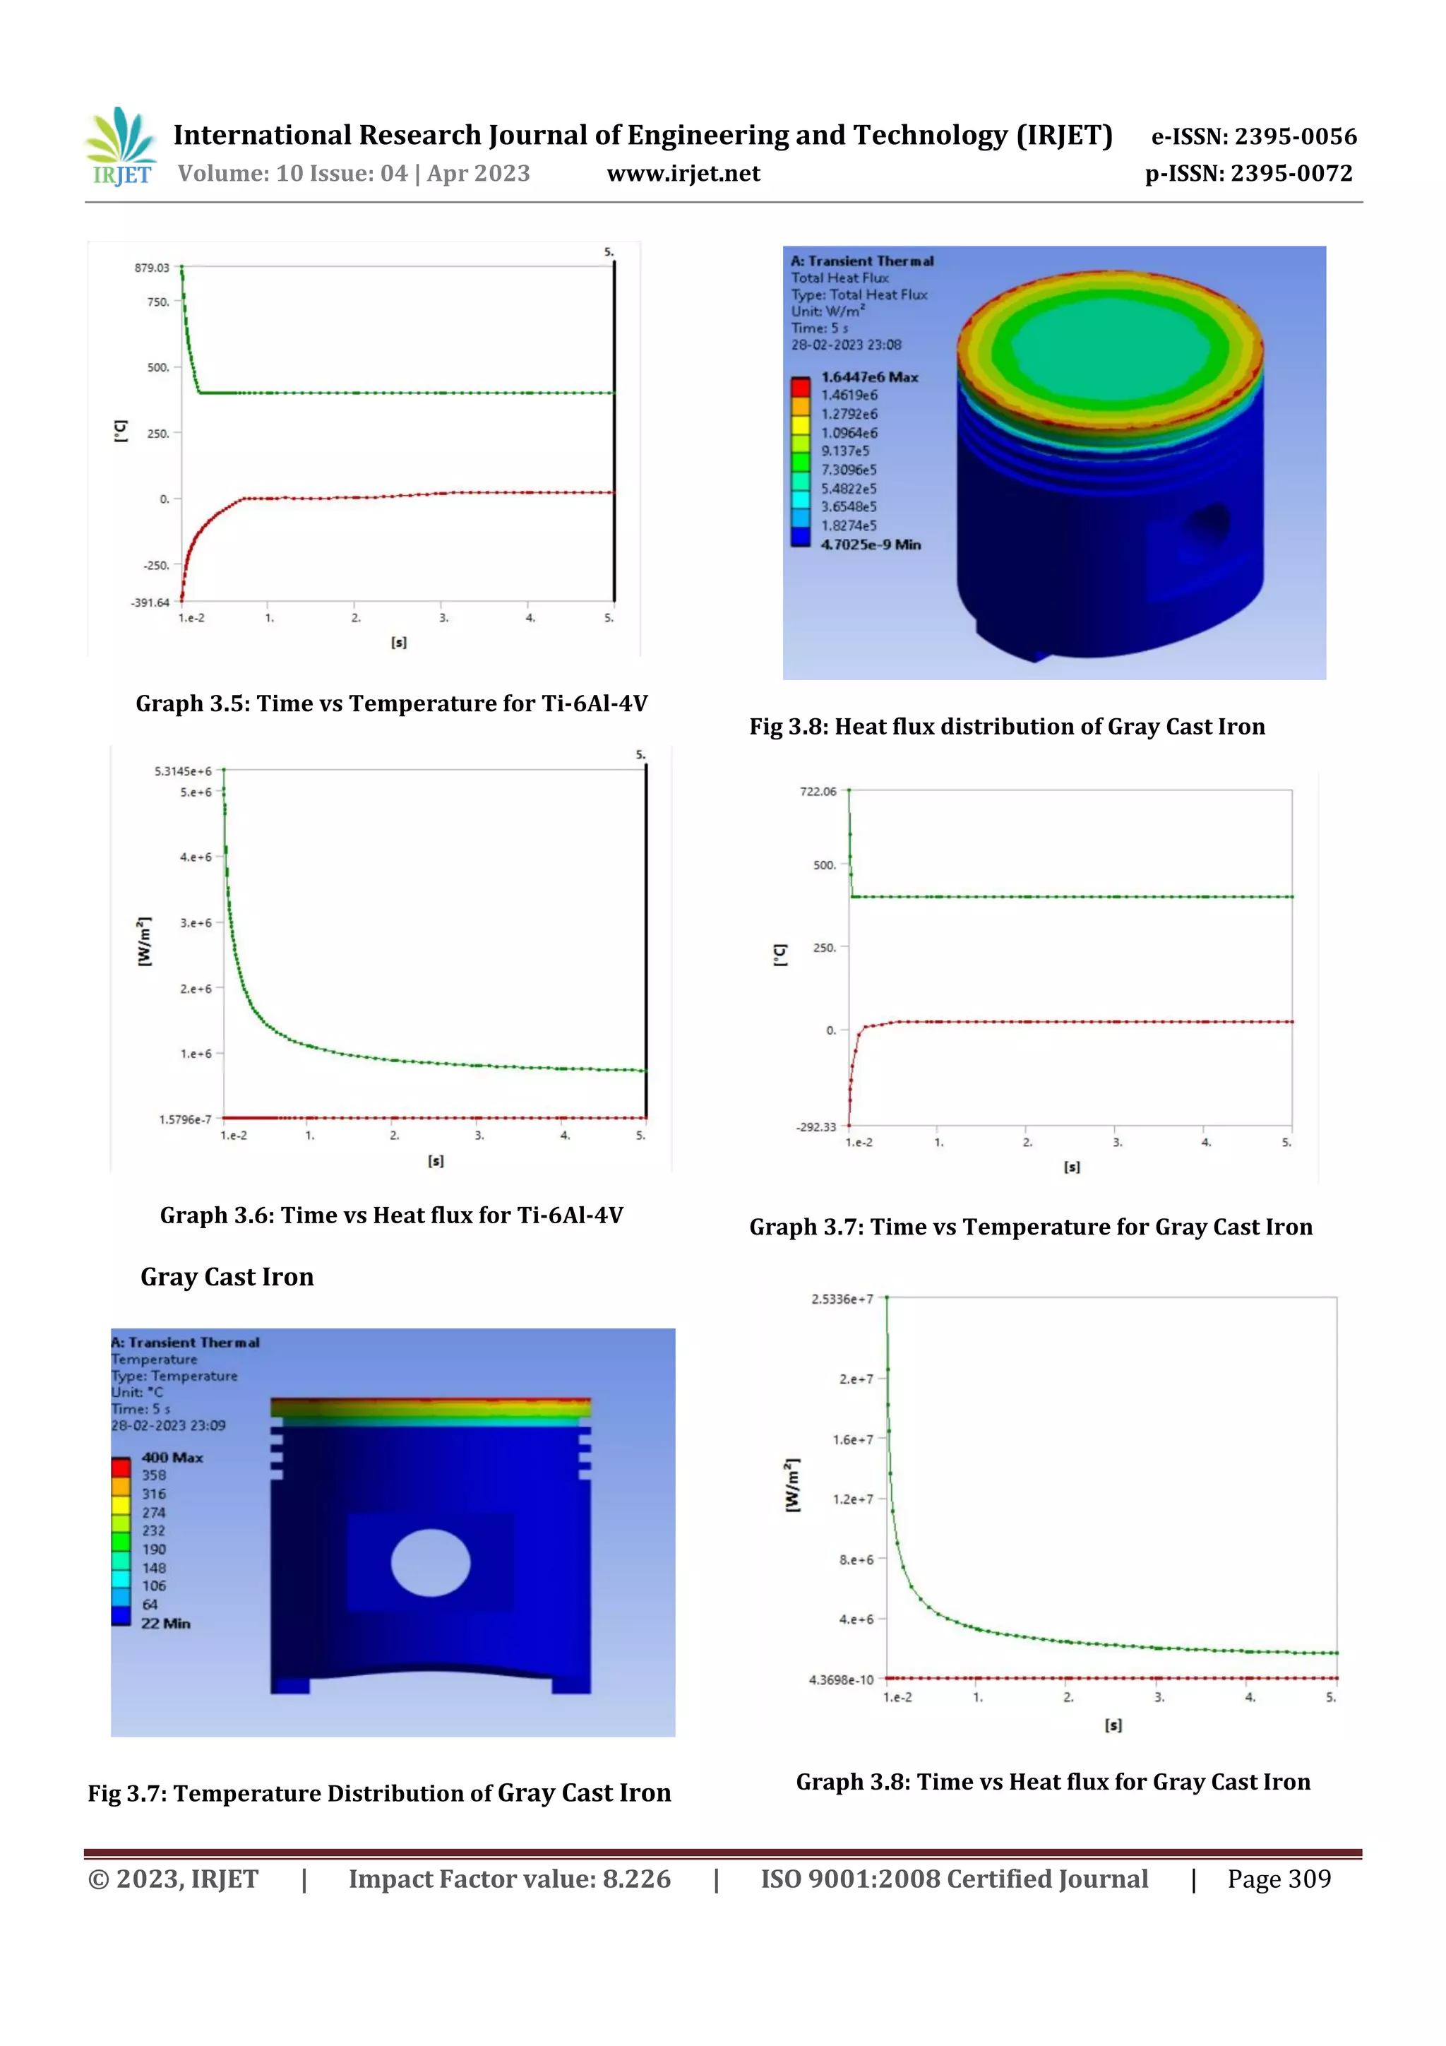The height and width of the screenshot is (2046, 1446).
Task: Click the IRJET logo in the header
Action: [x=121, y=147]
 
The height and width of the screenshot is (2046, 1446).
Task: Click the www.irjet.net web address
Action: [x=683, y=174]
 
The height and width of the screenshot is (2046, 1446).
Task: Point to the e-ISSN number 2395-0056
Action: [x=1253, y=136]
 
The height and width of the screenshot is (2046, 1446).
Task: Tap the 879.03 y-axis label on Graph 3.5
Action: [x=152, y=268]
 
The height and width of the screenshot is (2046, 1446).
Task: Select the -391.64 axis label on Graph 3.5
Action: [x=150, y=602]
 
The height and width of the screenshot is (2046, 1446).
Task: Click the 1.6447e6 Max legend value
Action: [x=868, y=377]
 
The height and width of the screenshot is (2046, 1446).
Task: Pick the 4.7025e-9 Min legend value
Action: [x=871, y=545]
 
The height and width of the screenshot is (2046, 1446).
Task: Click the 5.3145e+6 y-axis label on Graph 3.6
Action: [x=183, y=771]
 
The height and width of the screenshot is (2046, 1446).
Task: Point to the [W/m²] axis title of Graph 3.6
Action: [x=144, y=941]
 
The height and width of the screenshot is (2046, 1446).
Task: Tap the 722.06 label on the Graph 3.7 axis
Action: [x=818, y=791]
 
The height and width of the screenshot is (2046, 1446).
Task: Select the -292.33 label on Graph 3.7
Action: [x=816, y=1127]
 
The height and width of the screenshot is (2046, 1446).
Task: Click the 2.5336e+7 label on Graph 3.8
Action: [x=842, y=1299]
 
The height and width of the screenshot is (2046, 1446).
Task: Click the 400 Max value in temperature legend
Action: [x=172, y=1457]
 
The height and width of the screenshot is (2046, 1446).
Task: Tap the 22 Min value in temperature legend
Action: [x=166, y=1623]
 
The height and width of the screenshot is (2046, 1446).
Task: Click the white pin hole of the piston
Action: [x=430, y=1562]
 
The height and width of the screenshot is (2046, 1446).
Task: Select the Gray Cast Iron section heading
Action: [x=227, y=1277]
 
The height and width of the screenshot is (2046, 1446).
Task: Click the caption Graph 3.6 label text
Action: [x=391, y=1215]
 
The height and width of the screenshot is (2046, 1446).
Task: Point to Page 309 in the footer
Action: [x=1279, y=1879]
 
